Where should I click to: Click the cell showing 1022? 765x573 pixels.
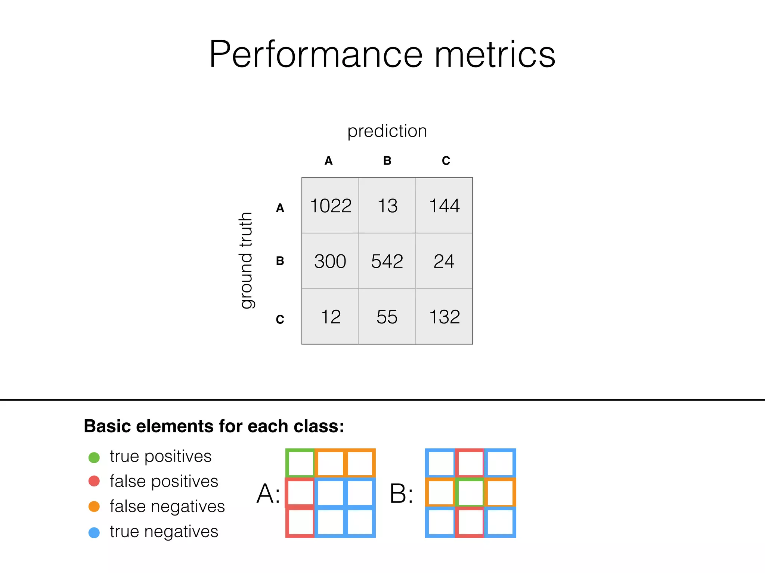click(331, 206)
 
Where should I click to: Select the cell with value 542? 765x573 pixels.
click(387, 261)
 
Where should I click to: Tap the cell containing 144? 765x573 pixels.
click(444, 206)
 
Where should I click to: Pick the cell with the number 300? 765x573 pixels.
click(330, 261)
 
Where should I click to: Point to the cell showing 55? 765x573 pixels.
click(387, 317)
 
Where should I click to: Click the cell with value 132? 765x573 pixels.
click(444, 317)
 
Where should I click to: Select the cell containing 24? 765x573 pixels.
click(444, 261)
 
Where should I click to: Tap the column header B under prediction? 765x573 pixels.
click(387, 161)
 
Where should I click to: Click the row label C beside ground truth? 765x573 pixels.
click(280, 319)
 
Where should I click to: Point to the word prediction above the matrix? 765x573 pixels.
click(387, 131)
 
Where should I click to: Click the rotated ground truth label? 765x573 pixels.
click(247, 260)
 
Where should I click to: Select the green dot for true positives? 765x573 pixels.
click(94, 457)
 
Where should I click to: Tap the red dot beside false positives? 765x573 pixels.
click(94, 481)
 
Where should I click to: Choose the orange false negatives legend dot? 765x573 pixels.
click(94, 507)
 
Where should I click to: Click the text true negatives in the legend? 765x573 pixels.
click(164, 532)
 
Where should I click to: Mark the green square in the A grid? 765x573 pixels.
click(300, 463)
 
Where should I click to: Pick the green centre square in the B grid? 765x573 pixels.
click(470, 493)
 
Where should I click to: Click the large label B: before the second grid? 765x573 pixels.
click(401, 494)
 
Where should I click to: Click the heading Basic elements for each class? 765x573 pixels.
click(214, 426)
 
